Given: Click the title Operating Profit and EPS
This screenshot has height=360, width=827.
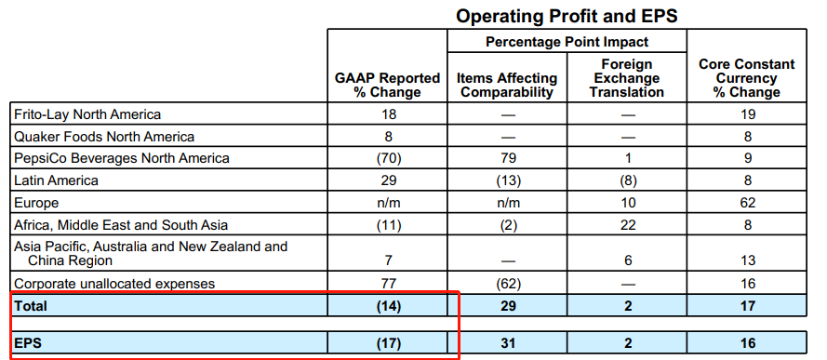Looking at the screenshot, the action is click(567, 17).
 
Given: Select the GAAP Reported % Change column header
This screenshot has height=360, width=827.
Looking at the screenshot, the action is click(387, 86).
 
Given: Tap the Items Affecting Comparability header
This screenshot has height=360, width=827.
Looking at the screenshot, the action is click(507, 86).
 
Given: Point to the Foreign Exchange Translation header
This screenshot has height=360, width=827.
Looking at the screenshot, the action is click(627, 78).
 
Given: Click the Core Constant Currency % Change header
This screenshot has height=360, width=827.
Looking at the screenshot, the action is click(746, 78).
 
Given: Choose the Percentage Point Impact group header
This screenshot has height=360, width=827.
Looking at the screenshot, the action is click(567, 42).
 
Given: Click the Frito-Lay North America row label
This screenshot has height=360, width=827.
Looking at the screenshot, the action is click(87, 113).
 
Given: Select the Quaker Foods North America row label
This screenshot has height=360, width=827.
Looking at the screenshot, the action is click(104, 137).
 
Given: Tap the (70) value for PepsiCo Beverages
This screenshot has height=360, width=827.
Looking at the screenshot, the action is click(389, 158).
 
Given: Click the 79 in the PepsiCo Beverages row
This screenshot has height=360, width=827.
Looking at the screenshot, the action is click(507, 158).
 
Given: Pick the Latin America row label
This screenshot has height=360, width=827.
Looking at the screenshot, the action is click(56, 180).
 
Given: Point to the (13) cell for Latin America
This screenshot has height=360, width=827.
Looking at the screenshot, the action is click(508, 180).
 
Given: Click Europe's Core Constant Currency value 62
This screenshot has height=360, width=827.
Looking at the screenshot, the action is click(747, 203).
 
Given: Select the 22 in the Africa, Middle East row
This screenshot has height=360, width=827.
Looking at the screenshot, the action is click(627, 225).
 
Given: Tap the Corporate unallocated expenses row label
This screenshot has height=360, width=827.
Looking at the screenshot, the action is click(114, 284).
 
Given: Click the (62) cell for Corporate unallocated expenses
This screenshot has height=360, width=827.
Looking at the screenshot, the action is click(508, 284).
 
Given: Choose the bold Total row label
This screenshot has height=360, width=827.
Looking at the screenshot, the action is click(31, 306).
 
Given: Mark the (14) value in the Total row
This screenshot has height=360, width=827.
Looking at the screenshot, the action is click(389, 306).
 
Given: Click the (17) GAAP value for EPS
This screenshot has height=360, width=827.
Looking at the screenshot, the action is click(389, 343).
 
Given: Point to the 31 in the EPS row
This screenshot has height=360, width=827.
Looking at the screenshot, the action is click(507, 343).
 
